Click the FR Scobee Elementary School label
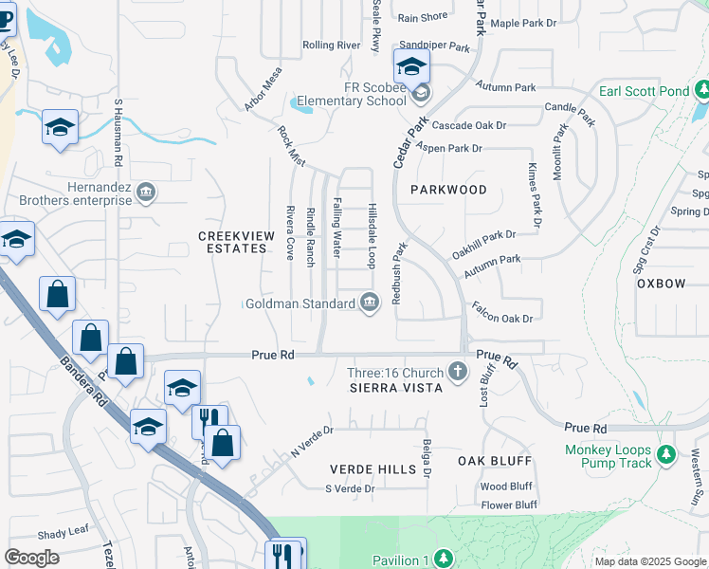[352, 93]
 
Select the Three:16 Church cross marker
[458, 371]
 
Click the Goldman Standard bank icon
[370, 303]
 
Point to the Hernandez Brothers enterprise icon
[145, 193]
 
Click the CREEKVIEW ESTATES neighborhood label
[232, 242]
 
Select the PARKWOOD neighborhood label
[448, 190]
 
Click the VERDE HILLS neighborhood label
[373, 469]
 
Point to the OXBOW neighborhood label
[661, 284]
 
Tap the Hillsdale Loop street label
[373, 234]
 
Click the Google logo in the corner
[31, 558]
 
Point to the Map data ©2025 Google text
[650, 561]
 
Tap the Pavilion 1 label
[400, 560]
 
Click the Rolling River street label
[331, 45]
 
